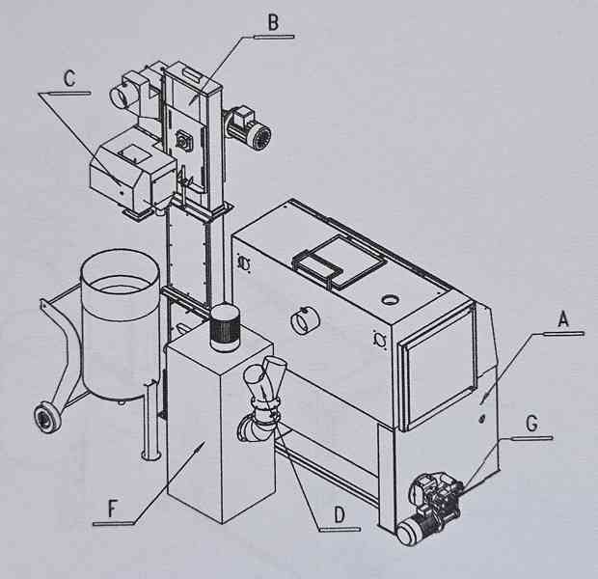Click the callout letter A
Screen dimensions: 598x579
[563, 318]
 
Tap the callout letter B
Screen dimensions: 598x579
[273, 22]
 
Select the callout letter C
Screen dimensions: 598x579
[69, 78]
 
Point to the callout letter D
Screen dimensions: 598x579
[340, 514]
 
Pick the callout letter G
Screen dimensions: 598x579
[531, 424]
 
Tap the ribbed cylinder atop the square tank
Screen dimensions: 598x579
[224, 327]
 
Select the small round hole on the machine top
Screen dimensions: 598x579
[390, 300]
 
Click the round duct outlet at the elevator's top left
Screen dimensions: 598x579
[122, 96]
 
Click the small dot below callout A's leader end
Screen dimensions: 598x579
[481, 419]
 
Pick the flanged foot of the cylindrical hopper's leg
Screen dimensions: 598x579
[150, 455]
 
